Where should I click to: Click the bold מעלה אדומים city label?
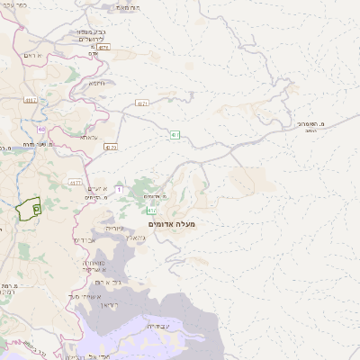[x=171, y=222]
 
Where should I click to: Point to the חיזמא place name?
[x=96, y=83]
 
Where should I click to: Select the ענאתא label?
[x=88, y=137]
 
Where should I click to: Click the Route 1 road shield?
[x=118, y=188]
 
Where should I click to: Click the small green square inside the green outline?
[x=36, y=208]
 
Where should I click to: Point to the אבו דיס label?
[x=83, y=241]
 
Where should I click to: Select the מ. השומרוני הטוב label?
[x=310, y=125]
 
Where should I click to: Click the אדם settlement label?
[x=94, y=54]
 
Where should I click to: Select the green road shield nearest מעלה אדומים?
[x=175, y=135]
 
